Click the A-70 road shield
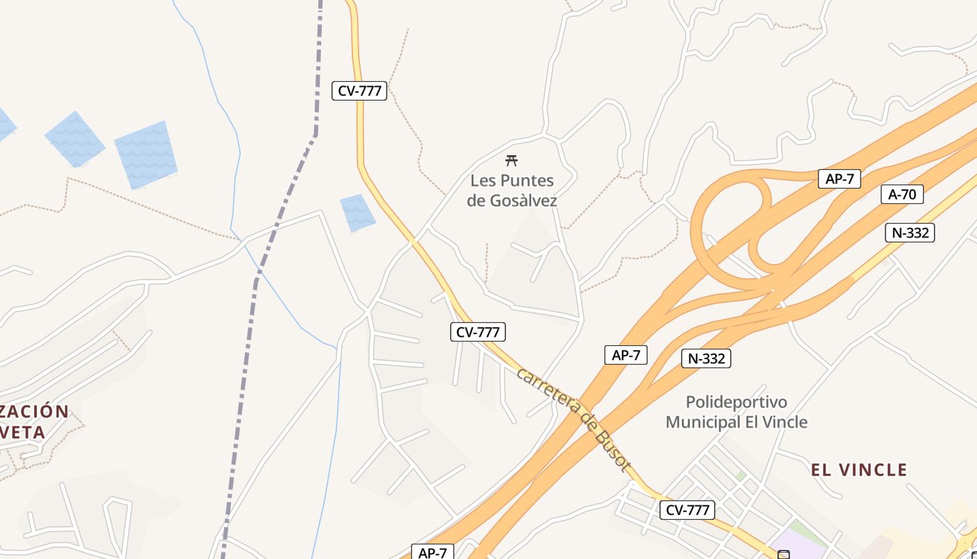click(x=902, y=194)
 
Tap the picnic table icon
click(x=512, y=161)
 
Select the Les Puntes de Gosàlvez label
click(x=512, y=191)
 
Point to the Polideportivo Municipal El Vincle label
click(x=736, y=412)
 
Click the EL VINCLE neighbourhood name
click(x=859, y=470)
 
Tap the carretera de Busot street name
click(x=574, y=419)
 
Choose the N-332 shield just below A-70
click(x=910, y=233)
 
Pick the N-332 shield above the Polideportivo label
click(x=706, y=358)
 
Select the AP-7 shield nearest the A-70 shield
click(x=840, y=179)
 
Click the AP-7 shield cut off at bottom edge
click(x=433, y=553)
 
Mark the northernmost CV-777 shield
click(x=359, y=90)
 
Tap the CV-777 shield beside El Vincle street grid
click(x=687, y=510)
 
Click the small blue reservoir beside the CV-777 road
click(x=357, y=212)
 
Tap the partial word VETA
click(x=24, y=433)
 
